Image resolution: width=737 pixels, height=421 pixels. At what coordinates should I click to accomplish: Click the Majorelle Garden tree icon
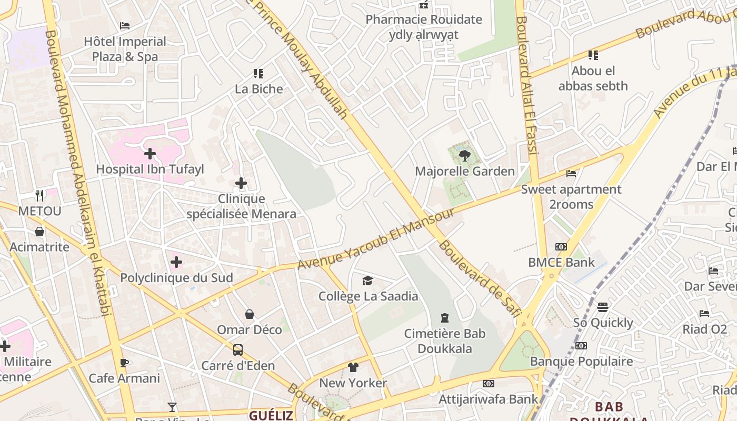click(464, 155)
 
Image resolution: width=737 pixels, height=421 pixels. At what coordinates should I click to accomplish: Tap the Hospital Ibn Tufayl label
click(150, 169)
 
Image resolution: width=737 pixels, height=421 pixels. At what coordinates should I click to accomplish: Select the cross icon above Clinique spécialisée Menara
click(241, 183)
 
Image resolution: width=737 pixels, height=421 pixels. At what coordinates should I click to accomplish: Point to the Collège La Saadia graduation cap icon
click(367, 281)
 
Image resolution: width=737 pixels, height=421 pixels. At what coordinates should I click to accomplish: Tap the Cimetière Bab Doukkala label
click(445, 341)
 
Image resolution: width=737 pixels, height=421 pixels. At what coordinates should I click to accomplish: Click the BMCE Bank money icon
click(561, 247)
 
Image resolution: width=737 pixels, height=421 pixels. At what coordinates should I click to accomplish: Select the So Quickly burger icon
click(603, 307)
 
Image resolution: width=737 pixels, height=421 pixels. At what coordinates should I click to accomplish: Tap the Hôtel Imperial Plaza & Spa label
click(125, 49)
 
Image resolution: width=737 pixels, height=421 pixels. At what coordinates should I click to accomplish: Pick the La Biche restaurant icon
click(258, 74)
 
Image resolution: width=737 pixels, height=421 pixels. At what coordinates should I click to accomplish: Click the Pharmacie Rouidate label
click(424, 20)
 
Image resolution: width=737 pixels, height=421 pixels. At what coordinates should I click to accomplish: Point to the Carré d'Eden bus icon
click(238, 350)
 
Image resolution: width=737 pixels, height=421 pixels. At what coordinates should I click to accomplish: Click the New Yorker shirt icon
click(353, 367)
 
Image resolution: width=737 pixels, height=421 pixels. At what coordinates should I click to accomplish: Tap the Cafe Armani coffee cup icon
click(124, 363)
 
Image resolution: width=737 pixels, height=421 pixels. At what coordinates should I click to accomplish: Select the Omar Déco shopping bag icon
click(250, 314)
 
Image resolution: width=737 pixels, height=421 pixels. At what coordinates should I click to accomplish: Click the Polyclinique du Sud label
click(176, 278)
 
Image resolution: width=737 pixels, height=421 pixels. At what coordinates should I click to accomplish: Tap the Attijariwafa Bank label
click(489, 399)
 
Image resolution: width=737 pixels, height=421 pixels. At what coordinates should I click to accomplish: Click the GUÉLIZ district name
click(271, 415)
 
